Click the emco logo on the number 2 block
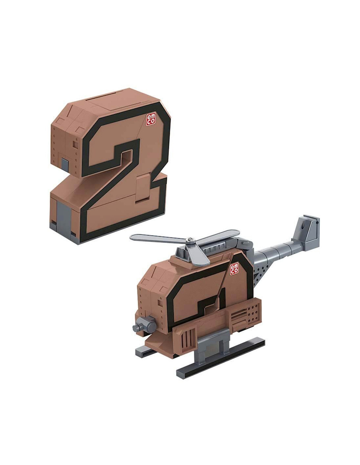150,119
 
